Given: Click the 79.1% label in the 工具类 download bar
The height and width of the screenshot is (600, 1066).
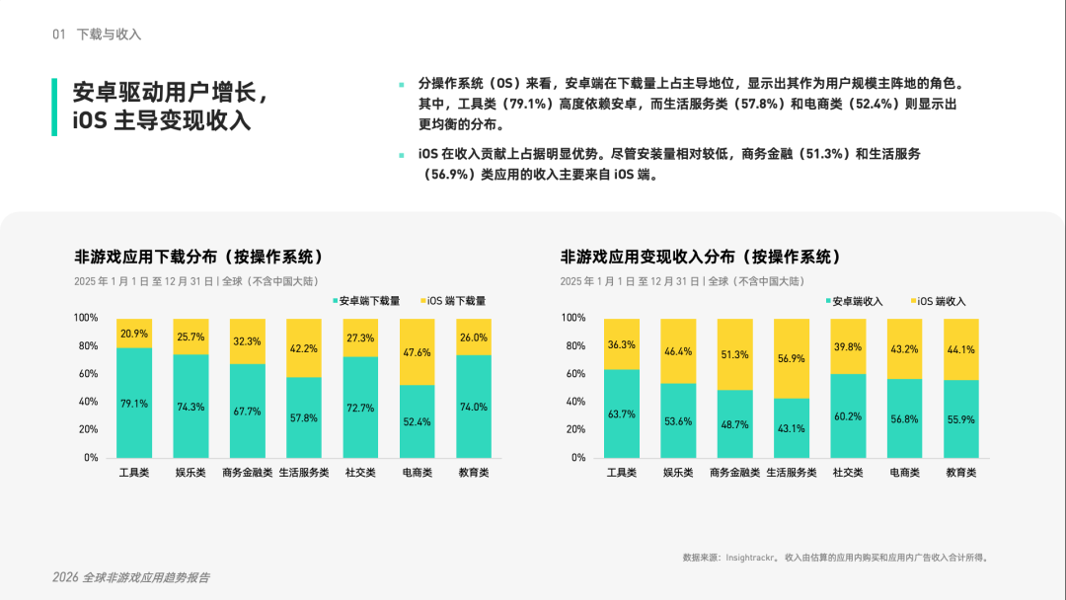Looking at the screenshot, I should [134, 404].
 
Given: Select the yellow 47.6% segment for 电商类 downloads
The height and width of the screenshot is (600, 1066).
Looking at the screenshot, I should [417, 352].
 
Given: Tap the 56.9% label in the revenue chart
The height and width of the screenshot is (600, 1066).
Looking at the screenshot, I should [791, 359].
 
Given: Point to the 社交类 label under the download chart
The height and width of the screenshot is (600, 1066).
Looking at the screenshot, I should [360, 473].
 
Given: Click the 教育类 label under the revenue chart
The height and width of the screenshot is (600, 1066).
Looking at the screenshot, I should [960, 473].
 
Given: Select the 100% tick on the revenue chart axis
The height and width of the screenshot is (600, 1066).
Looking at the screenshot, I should [573, 318].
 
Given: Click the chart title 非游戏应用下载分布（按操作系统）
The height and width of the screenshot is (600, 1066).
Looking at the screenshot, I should [198, 257].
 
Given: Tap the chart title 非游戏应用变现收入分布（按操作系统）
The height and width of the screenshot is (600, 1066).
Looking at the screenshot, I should [701, 257].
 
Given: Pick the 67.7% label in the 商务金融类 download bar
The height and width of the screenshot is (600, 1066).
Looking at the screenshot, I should [247, 412].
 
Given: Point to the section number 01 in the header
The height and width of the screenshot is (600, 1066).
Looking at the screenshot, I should [59, 35].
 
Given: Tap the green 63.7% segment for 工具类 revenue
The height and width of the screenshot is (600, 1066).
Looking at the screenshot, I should [621, 413].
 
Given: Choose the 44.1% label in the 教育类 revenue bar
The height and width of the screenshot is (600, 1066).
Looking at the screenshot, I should [960, 349].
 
